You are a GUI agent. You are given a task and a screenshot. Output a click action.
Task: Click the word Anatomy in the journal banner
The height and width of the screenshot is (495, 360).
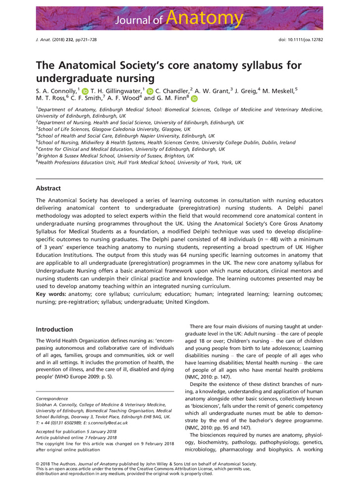(205, 18)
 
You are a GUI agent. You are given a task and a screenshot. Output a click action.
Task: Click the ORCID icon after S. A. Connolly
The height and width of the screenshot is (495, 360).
(85, 91)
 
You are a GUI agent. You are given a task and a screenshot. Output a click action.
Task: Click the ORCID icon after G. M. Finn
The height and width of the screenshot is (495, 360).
(194, 99)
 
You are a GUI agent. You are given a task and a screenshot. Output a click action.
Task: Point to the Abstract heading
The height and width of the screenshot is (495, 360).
(49, 188)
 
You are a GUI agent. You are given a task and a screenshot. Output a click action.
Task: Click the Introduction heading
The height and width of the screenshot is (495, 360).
(54, 329)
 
